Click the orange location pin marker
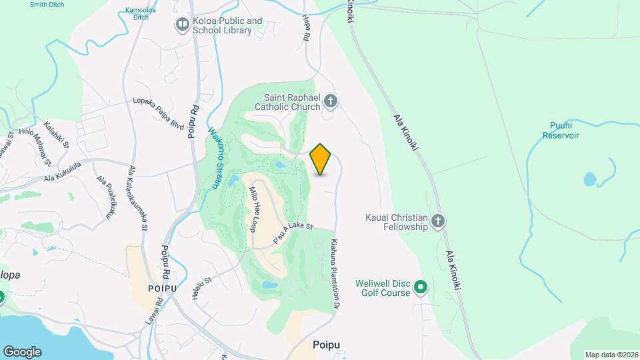tap(321, 159)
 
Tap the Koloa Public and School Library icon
tap(182, 25)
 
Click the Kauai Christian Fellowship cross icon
tap(437, 221)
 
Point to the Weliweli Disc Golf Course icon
tap(421, 287)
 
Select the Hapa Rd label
tap(306, 29)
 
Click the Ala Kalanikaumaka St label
tap(138, 198)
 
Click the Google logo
tap(22, 351)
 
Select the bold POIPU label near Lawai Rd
tap(162, 288)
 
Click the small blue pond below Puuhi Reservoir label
tap(590, 179)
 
